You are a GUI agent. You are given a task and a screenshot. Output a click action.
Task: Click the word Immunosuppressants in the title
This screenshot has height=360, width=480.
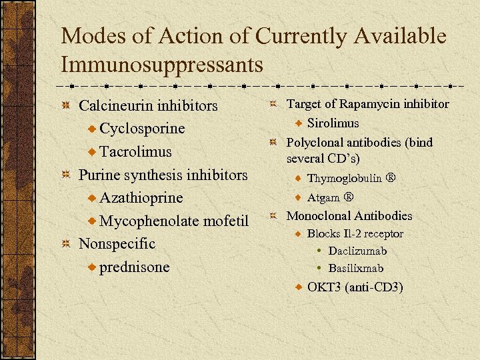point(161,65)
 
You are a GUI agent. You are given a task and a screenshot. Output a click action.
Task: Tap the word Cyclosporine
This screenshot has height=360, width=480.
point(142,128)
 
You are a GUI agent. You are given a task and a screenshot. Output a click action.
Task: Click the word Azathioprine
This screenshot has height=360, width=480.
point(141,198)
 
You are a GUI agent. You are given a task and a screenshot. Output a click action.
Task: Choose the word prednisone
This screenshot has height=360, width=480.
point(135,267)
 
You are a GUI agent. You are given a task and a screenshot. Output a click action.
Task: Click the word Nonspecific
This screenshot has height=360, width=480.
point(117,243)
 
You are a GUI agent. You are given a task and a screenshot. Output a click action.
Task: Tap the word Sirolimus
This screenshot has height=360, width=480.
point(333,123)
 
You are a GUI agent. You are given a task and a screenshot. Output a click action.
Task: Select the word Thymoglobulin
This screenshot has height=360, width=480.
point(344,179)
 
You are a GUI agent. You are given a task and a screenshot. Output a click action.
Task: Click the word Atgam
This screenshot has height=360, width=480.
point(323,197)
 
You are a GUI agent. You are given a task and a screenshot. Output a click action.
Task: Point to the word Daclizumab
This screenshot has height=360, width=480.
point(357,251)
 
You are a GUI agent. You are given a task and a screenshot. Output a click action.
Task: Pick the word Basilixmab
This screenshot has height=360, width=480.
point(355,269)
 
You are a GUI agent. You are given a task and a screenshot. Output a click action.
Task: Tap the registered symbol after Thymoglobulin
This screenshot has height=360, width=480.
point(391,179)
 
